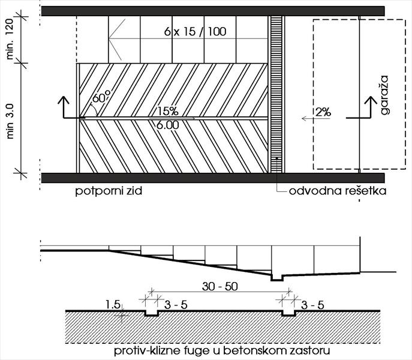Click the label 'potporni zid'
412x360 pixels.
[109, 191]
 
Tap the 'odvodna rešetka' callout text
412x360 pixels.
[338, 191]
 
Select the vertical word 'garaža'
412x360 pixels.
[384, 95]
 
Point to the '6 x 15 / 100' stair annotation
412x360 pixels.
[196, 32]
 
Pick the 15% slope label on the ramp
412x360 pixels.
[168, 111]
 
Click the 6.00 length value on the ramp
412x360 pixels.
[168, 125]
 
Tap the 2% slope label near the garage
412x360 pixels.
[323, 112]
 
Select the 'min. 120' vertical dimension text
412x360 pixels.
[10, 39]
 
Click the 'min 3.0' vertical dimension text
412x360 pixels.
[10, 121]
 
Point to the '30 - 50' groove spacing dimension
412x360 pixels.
[219, 286]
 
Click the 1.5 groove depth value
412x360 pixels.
[113, 305]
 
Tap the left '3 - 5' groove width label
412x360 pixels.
[176, 305]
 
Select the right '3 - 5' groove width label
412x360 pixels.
[312, 305]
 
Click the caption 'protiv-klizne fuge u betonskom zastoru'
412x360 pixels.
[222, 351]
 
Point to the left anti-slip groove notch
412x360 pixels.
[152, 313]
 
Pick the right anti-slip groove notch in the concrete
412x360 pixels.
[289, 313]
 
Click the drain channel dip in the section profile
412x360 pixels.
[277, 278]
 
